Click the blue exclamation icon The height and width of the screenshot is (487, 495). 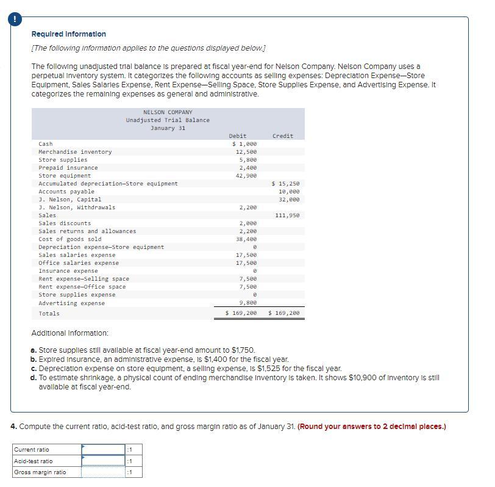click(x=14, y=19)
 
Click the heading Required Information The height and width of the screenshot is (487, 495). click(x=68, y=34)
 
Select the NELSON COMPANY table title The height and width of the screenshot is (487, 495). click(x=168, y=112)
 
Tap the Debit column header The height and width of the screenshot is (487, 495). click(x=238, y=136)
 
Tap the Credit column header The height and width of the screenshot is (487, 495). click(x=282, y=136)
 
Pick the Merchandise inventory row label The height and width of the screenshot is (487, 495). click(x=75, y=152)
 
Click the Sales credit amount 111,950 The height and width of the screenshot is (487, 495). click(x=287, y=215)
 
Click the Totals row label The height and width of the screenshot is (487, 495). click(x=49, y=314)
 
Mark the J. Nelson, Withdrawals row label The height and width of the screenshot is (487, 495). click(x=77, y=207)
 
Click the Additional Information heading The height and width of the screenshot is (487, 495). click(x=69, y=333)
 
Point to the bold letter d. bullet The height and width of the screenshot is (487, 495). click(x=34, y=378)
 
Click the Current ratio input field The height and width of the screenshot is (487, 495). click(x=103, y=450)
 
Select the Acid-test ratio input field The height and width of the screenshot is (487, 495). click(x=103, y=461)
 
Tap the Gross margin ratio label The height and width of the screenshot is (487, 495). click(x=40, y=472)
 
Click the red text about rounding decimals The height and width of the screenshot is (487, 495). click(x=372, y=427)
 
